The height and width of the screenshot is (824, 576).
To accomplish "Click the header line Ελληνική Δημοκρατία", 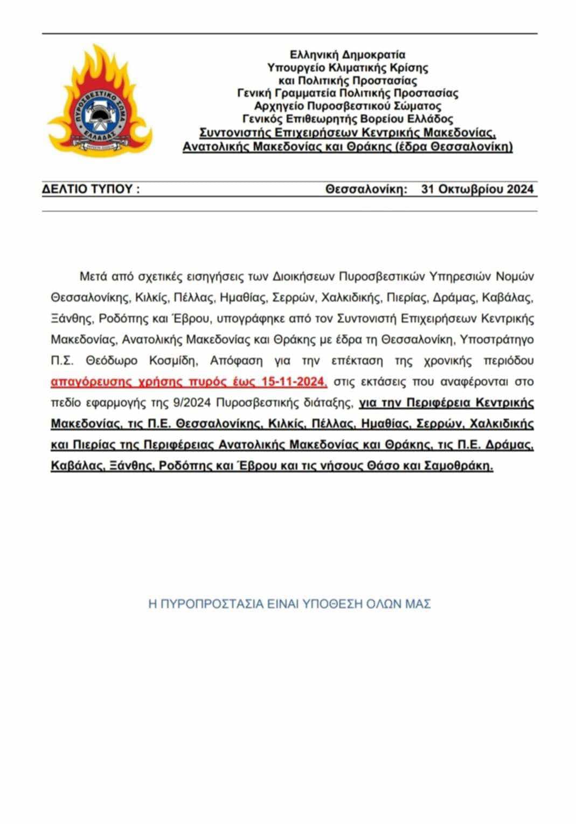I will coord(348,54).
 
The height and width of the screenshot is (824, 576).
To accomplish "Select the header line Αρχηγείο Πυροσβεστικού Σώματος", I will coord(348,106).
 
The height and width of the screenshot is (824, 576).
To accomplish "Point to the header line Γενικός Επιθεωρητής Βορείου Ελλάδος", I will coord(348,119).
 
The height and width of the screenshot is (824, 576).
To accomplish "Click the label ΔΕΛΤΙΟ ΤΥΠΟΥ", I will coord(90,189).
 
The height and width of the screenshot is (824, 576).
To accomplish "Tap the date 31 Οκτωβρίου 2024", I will coord(477,189).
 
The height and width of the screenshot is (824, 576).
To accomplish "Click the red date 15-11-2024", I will coord(294,382).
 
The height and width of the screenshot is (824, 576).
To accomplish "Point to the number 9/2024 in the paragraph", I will coord(174,403).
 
